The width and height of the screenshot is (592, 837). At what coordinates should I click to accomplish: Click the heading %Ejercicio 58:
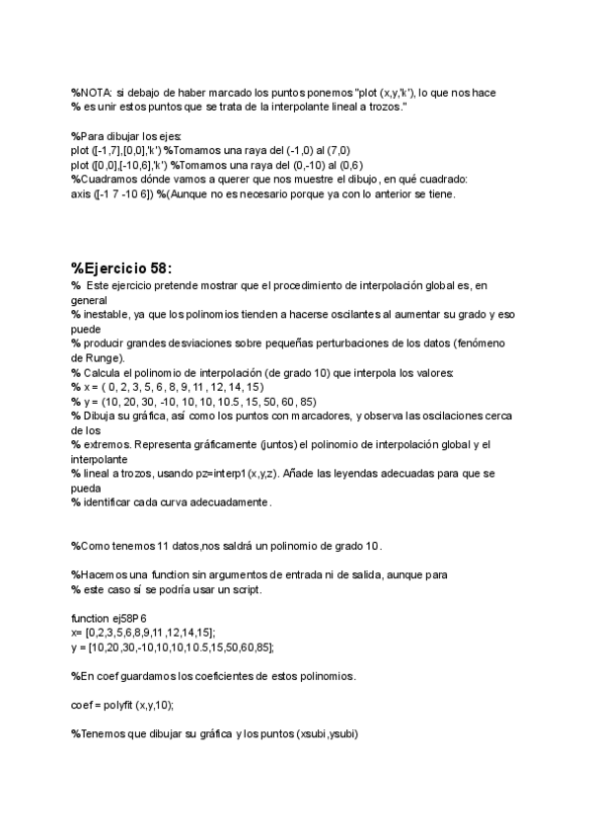tap(120, 267)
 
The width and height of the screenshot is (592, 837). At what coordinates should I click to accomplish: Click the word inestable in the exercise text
tap(103, 313)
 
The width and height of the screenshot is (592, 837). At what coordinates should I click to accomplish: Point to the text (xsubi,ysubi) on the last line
tap(335, 733)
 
